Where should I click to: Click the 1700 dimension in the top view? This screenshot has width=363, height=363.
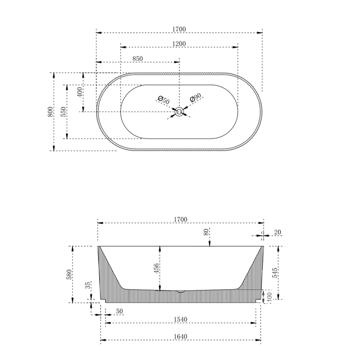tap(179, 29)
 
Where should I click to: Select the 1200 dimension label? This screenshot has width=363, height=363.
tap(179, 44)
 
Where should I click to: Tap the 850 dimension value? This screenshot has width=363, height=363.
tap(137, 58)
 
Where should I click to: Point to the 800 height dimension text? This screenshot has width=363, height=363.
tap(50, 112)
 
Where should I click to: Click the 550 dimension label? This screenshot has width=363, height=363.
tap(63, 112)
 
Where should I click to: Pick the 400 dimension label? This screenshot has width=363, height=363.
tap(80, 92)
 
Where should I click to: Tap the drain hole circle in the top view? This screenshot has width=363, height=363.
tap(179, 112)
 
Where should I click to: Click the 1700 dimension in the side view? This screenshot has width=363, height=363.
tap(180, 219)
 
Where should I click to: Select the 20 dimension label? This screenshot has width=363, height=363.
tap(277, 232)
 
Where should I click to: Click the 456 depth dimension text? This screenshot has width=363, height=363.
tap(156, 269)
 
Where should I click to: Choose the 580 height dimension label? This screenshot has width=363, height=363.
tap(70, 274)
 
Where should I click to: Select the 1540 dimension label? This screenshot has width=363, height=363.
tap(180, 319)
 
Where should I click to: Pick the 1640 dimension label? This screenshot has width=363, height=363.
tap(180, 336)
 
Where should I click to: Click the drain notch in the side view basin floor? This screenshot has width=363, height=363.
tap(181, 291)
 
